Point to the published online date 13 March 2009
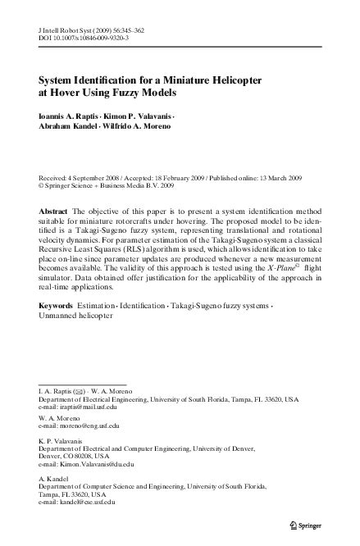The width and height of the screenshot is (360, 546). pyautogui.click(x=276, y=178)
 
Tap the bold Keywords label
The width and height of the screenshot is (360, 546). pyautogui.click(x=56, y=304)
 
